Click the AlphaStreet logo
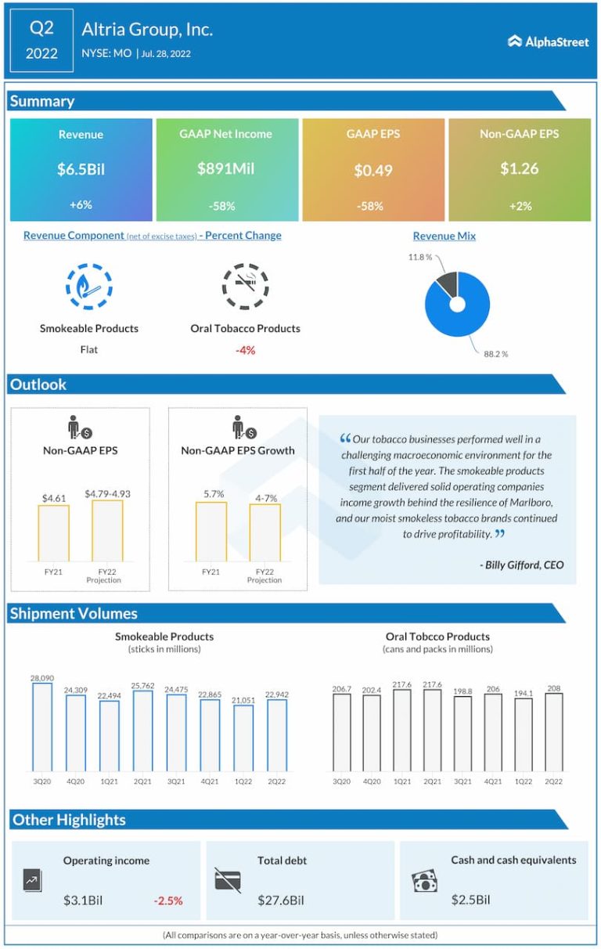[548, 41]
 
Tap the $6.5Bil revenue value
[81, 169]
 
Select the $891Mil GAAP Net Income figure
[226, 168]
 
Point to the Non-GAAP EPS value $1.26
[519, 168]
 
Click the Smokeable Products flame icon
[88, 287]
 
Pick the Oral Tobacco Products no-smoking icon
[245, 287]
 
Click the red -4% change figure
[245, 350]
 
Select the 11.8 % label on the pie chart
[420, 256]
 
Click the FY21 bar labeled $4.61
[53, 532]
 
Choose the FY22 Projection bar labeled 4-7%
[265, 532]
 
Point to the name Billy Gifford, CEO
[521, 565]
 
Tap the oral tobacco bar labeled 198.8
[462, 734]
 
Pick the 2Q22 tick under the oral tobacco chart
[553, 781]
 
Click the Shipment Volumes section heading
[74, 614]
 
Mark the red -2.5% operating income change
[168, 900]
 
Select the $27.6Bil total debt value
[281, 900]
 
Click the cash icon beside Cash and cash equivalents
[424, 882]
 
